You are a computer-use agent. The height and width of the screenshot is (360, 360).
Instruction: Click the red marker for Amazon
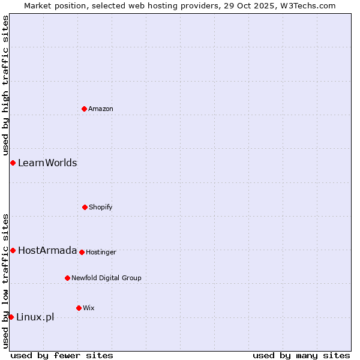tap(84, 109)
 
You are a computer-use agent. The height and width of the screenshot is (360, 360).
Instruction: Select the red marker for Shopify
tap(85, 207)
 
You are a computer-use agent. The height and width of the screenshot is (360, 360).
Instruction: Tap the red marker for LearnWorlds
tap(13, 163)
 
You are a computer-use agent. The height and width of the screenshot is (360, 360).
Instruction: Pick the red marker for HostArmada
tap(13, 250)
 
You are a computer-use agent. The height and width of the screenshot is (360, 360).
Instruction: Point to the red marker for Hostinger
tap(82, 252)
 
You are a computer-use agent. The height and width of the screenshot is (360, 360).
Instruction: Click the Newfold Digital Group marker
tap(67, 278)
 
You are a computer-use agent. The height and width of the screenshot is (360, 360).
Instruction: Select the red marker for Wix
tap(79, 308)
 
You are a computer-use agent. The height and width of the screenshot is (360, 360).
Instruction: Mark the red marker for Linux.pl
tap(11, 317)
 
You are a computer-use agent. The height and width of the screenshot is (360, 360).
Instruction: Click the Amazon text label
tap(101, 109)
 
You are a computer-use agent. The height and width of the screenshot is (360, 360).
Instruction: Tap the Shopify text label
tap(101, 207)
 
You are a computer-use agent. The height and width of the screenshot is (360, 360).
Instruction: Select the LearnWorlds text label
tap(47, 163)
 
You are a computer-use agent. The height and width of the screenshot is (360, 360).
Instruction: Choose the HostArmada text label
tap(47, 250)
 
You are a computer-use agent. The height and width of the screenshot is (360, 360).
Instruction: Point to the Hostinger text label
tap(101, 252)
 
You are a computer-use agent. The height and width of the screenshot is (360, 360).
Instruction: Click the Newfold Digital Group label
tap(106, 278)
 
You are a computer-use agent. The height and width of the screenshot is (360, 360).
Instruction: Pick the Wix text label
tap(89, 308)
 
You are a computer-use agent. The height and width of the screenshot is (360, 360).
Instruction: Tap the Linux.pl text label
tap(35, 317)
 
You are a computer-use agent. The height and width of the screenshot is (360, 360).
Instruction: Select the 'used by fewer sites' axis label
tap(62, 355)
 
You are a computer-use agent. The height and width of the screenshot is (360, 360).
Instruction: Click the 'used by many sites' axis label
tap(301, 355)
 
